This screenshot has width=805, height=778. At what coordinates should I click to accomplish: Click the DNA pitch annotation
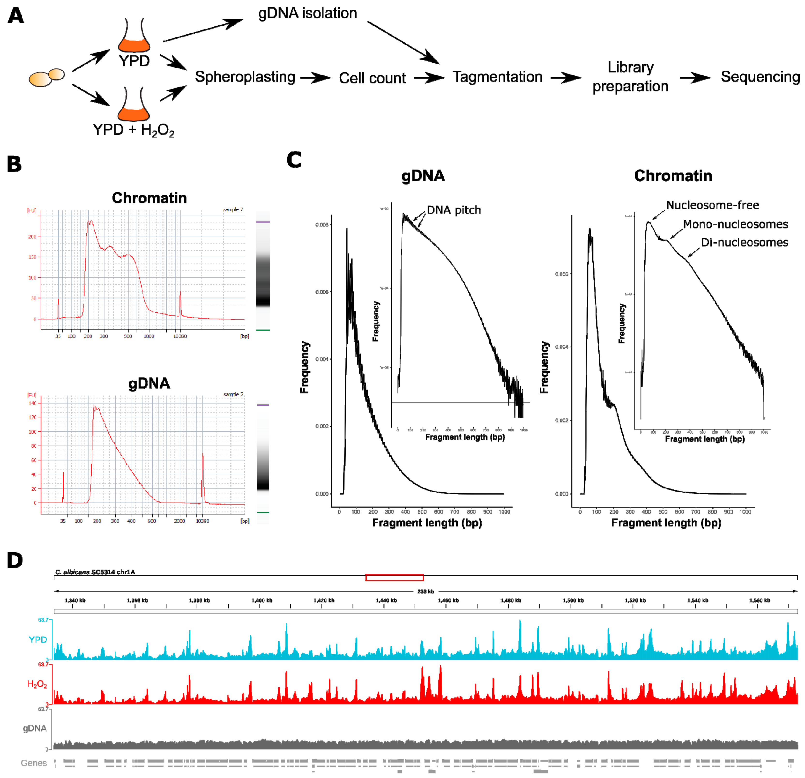point(454,210)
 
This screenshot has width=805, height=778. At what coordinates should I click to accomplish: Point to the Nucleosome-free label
point(712,205)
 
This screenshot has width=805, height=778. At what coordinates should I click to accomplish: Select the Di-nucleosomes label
point(744,243)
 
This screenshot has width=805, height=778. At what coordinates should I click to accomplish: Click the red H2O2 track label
point(37,684)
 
